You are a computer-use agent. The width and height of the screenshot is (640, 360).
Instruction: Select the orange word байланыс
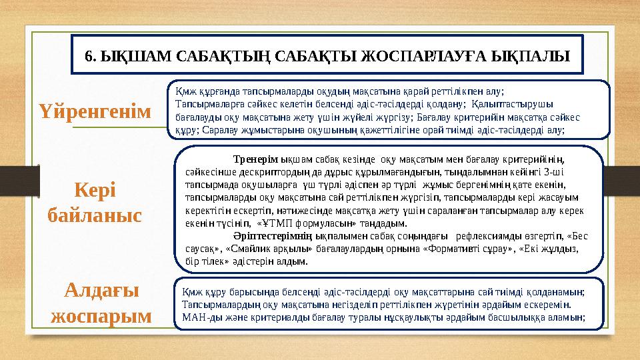point(96,215)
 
